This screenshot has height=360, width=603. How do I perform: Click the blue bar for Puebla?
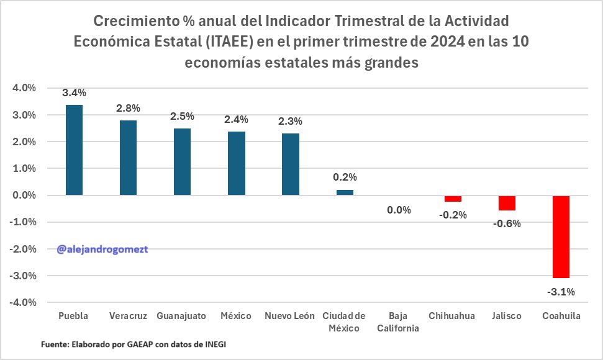[x=74, y=150]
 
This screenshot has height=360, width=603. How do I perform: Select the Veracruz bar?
[x=128, y=158]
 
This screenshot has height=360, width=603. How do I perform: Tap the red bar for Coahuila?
[x=561, y=236]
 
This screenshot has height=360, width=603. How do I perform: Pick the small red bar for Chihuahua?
[x=453, y=199]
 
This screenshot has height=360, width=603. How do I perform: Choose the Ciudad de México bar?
[x=345, y=192]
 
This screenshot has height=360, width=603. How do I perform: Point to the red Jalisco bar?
[x=507, y=203]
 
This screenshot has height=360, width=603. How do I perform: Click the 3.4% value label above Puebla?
[x=74, y=93]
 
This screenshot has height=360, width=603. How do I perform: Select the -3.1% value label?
[x=561, y=291]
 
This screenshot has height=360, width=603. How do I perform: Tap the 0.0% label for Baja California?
[x=399, y=210]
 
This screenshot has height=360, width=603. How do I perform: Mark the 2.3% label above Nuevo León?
[x=291, y=122]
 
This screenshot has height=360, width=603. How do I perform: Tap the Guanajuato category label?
[x=181, y=316]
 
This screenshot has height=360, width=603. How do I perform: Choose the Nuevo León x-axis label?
[x=290, y=316]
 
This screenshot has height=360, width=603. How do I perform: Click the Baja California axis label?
[x=398, y=322]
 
